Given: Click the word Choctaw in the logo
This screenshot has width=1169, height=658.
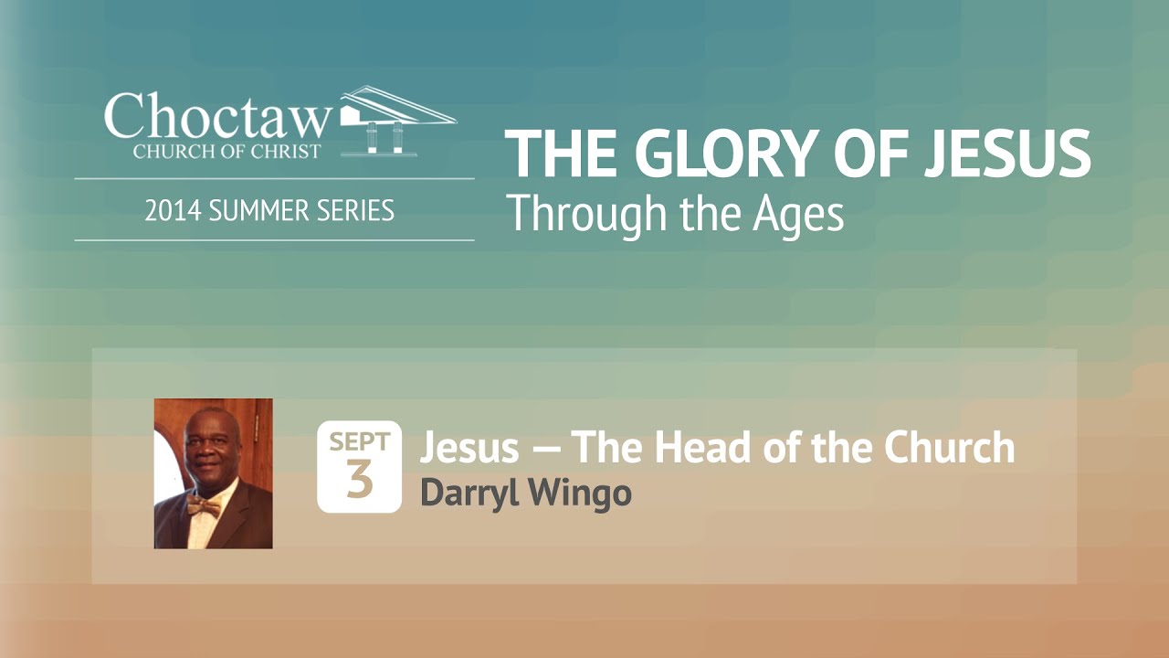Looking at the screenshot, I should click(x=217, y=117).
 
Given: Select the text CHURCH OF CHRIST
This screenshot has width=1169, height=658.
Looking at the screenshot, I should click(x=226, y=151).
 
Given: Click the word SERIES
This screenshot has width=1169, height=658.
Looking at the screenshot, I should click(x=356, y=211).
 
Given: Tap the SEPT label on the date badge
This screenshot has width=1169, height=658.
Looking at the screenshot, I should click(x=359, y=442).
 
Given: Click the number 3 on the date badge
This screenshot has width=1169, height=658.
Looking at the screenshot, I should click(x=359, y=482).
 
